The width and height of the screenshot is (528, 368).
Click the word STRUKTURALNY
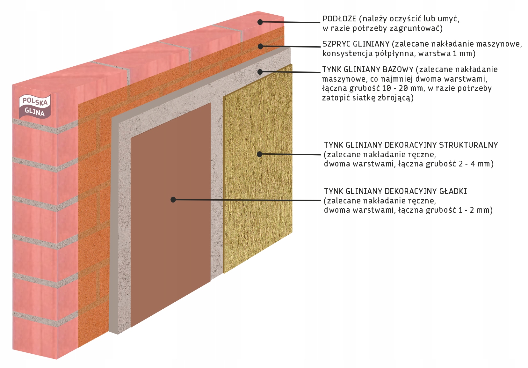(468, 145)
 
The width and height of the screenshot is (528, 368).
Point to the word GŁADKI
(453, 191)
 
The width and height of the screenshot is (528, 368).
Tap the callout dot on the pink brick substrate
(260, 22)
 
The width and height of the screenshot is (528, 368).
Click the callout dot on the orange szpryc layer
(260, 47)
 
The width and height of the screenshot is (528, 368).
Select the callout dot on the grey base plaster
(260, 72)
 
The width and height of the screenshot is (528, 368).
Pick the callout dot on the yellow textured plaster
(259, 154)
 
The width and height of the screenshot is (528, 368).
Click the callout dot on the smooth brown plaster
(173, 200)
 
